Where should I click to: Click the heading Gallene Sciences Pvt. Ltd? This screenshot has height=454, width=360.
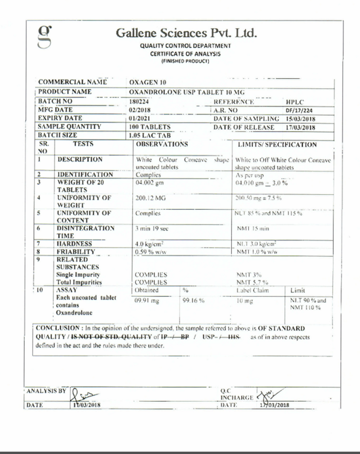pos(186,33)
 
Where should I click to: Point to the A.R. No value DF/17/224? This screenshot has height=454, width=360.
pos(300,110)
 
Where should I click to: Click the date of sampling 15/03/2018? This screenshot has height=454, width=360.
pos(300,119)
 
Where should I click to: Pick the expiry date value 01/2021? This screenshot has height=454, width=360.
pos(139,118)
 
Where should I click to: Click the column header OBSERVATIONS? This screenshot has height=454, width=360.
pos(162,145)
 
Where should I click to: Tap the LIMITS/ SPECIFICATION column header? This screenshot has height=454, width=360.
pos(277,145)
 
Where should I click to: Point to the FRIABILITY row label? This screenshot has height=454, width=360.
pos(76,252)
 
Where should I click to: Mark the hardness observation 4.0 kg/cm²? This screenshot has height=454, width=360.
pos(148,244)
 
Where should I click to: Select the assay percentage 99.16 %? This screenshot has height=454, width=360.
pos(194,300)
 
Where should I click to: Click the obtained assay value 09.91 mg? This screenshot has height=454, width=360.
pos(147,300)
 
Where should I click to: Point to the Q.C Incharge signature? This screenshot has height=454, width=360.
pos(269,395)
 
